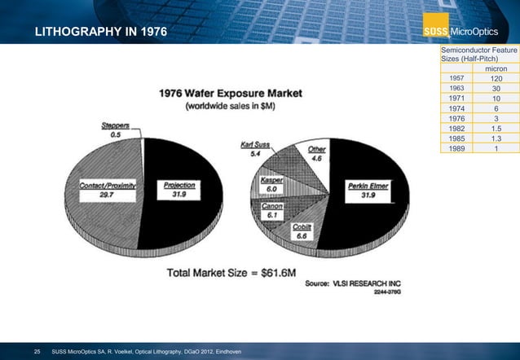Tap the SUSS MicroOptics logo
[x=468, y=33]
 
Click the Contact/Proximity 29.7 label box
[x=107, y=190]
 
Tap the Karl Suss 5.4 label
[x=255, y=148]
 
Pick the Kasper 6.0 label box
[x=272, y=184]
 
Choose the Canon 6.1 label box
[x=272, y=210]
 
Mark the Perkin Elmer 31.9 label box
[x=368, y=190]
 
